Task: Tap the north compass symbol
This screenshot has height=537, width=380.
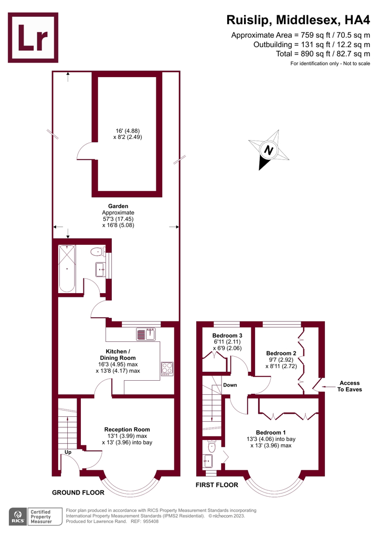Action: point(269,150)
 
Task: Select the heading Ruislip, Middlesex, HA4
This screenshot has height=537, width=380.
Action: point(298,20)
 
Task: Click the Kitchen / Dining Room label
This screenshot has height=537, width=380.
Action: point(118,355)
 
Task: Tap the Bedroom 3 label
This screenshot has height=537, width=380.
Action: point(227,336)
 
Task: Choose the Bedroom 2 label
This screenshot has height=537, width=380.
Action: point(281,353)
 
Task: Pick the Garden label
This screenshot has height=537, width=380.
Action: point(118,206)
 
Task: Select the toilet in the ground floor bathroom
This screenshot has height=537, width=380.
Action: point(97,252)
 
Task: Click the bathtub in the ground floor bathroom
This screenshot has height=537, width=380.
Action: point(67,268)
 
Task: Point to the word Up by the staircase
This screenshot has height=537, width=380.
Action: point(68,452)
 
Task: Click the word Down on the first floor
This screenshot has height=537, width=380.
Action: point(230,385)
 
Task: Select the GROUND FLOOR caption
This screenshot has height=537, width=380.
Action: point(78,493)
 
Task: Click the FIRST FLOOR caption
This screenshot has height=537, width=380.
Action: point(217,485)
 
